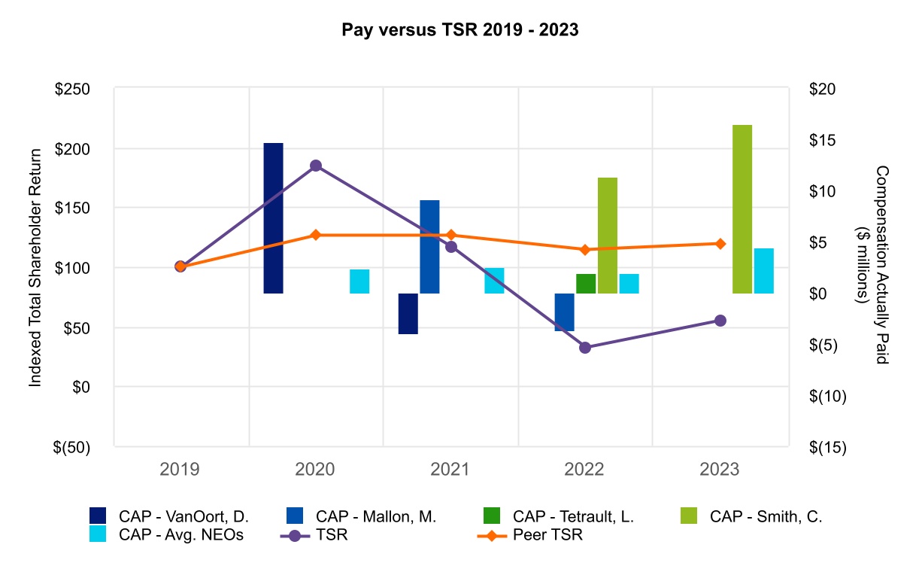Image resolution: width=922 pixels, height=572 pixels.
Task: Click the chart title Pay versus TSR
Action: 460,31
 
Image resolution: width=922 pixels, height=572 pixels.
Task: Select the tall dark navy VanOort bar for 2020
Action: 273,218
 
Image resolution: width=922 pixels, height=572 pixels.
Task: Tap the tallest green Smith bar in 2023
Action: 742,208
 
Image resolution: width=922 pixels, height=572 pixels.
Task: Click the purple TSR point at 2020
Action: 316,166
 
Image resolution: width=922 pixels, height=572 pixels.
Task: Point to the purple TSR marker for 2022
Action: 585,347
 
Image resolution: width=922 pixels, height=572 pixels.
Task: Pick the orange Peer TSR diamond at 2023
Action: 720,244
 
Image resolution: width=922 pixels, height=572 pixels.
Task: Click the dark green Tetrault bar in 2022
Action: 586,284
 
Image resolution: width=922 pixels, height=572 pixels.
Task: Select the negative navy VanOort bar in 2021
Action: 408,313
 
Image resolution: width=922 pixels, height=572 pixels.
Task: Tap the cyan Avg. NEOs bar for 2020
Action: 359,281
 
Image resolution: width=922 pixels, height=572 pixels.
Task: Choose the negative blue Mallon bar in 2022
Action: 564,312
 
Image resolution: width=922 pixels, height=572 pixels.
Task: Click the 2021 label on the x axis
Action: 450,470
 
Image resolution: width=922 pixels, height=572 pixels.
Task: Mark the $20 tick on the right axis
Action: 826,89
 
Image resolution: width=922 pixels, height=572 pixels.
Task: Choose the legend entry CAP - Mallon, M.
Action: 362,516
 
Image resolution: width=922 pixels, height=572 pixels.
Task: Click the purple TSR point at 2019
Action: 180,266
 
